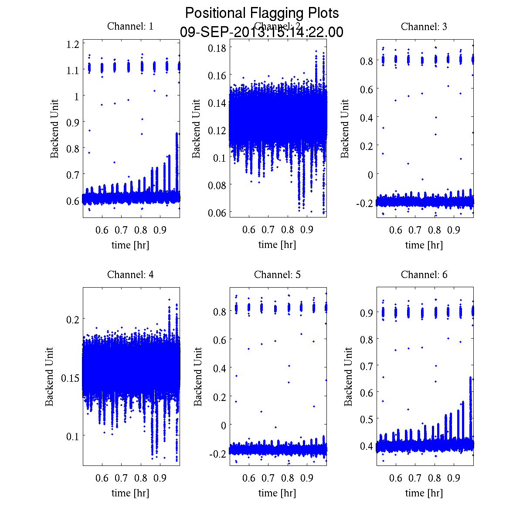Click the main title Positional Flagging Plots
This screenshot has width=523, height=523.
(x=261, y=13)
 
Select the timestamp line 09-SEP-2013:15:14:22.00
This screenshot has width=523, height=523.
(x=261, y=32)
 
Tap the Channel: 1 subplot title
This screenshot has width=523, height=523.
(x=130, y=27)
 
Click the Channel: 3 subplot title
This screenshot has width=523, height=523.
(x=424, y=27)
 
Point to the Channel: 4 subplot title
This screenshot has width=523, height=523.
(x=130, y=275)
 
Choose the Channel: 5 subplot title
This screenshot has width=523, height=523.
(x=277, y=275)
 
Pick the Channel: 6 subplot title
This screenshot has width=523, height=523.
(x=424, y=275)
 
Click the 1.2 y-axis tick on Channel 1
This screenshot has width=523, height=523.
(x=73, y=44)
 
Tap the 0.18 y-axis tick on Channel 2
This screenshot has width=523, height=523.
(x=217, y=48)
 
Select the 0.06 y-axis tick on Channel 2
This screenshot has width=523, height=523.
(x=217, y=212)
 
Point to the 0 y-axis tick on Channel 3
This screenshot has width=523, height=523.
(x=370, y=174)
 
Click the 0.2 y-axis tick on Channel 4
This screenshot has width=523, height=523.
(x=73, y=319)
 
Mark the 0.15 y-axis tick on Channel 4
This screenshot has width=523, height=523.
(x=70, y=377)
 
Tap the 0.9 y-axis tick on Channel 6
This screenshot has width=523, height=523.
(x=367, y=312)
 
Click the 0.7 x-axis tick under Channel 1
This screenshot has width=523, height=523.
(x=121, y=230)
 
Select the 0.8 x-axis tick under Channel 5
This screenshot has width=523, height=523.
(x=288, y=478)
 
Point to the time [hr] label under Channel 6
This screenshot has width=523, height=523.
(x=424, y=493)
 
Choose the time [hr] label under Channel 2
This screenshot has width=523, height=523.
(x=277, y=245)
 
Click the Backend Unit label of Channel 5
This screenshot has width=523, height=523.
(x=198, y=377)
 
